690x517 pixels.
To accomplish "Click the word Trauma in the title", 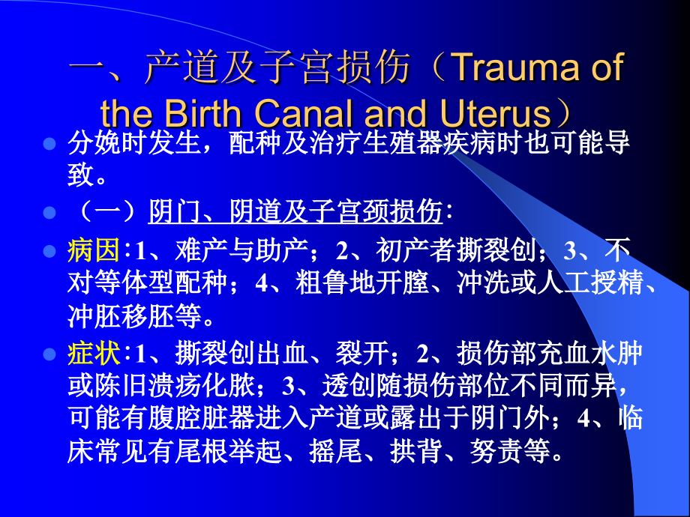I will pyautogui.click(x=518, y=68).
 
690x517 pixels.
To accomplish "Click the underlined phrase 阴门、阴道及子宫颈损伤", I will pyautogui.click(x=296, y=214).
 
